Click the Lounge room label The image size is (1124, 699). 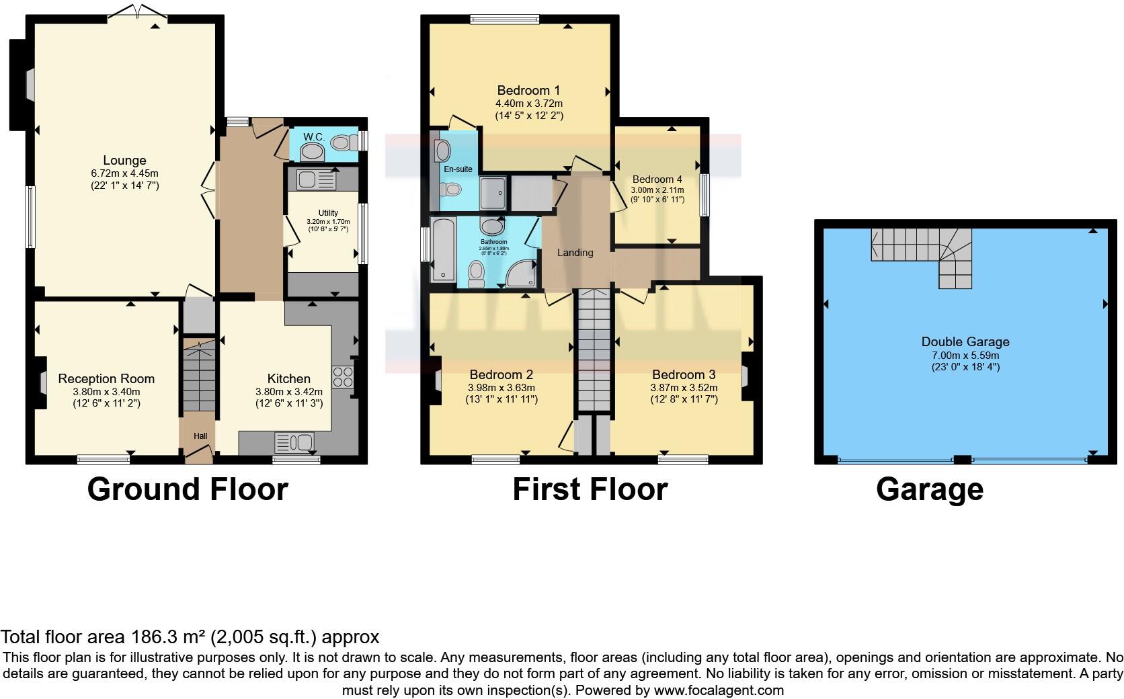pos(124,161)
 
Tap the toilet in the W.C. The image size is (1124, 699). pos(344,142)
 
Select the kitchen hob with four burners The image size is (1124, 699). pos(342,377)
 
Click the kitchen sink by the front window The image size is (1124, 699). pos(294,443)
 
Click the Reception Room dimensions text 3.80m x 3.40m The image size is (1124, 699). pos(106,392)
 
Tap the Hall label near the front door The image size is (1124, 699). pos(200,436)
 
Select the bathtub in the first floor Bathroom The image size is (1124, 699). pos(443,249)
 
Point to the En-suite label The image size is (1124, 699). pos(458,169)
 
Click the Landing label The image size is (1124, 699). pos(575,253)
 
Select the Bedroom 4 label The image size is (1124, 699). pos(657,179)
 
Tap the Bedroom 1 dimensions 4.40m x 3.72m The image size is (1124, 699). pos(528,104)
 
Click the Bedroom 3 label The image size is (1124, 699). pos(683,374)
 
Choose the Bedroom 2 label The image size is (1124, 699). pos(501,374)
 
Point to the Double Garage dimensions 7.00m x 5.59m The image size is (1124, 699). pos(965,355)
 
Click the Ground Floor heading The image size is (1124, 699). pos(188,489)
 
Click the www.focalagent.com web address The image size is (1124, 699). pos(718,690)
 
